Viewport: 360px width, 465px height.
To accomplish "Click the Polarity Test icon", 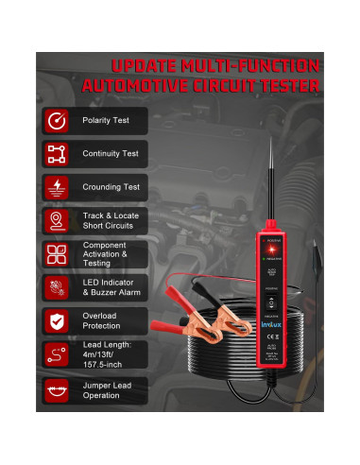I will (x=58, y=120).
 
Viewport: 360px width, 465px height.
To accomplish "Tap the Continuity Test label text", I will (x=109, y=153).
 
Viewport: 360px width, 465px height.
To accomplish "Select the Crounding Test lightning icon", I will (x=58, y=186).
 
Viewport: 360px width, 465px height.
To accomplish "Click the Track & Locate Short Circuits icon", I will (x=58, y=221).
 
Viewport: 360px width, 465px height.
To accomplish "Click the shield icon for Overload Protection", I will (x=58, y=321).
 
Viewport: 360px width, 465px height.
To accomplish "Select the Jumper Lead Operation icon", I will (x=58, y=389).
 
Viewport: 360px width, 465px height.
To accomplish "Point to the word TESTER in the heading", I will (x=283, y=86).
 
